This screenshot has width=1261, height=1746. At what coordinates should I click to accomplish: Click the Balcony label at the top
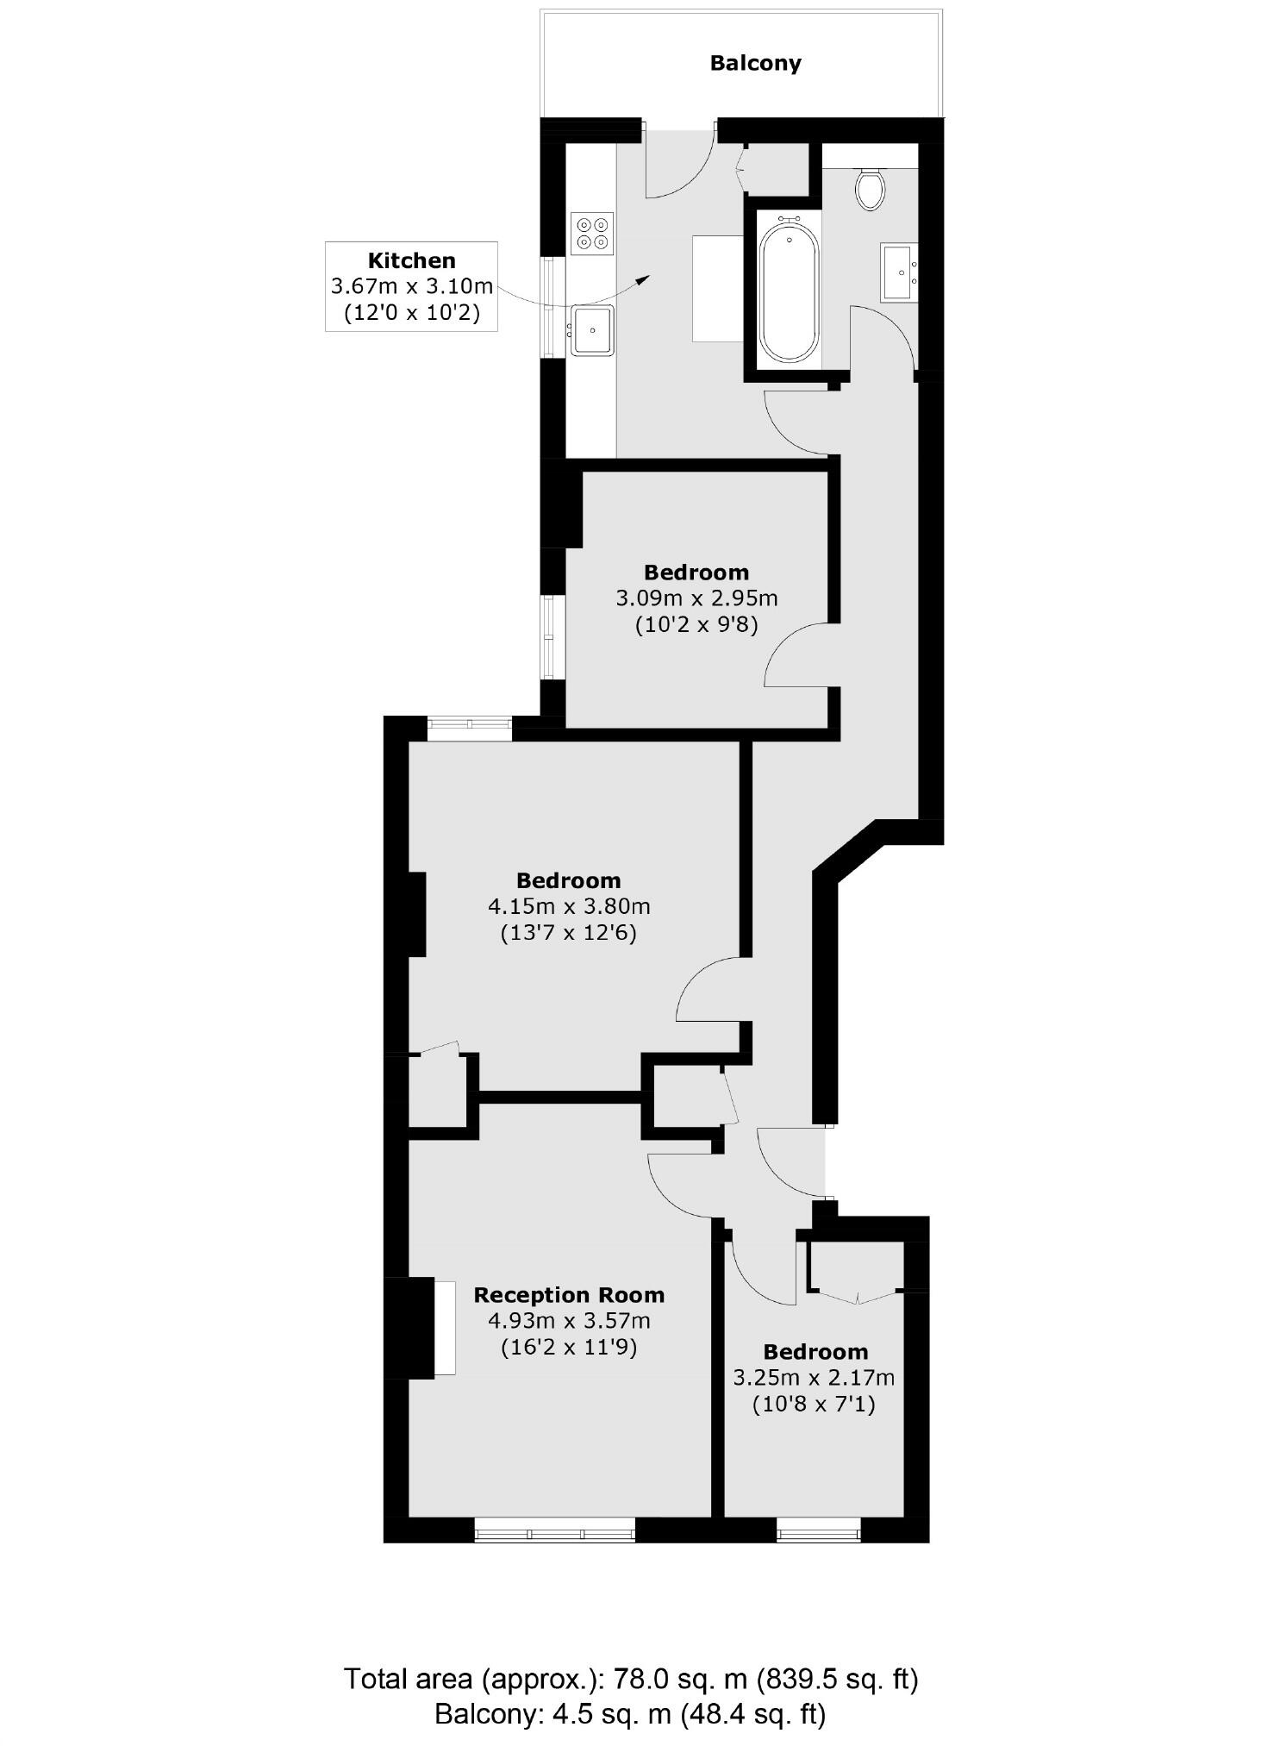pyautogui.click(x=755, y=63)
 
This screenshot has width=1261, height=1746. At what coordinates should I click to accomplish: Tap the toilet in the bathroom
pyautogui.click(x=870, y=189)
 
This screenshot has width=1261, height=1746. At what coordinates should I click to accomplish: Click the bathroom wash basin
pyautogui.click(x=898, y=272)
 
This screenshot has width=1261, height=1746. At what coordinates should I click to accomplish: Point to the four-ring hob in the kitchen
pyautogui.click(x=592, y=233)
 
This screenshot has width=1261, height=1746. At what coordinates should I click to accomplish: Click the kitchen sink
pyautogui.click(x=592, y=329)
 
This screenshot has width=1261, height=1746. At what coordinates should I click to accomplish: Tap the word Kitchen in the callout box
pyautogui.click(x=411, y=260)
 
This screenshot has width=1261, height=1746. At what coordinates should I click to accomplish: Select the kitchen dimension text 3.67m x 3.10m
pyautogui.click(x=411, y=286)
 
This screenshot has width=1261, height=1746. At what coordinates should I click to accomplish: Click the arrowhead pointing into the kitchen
pyautogui.click(x=642, y=278)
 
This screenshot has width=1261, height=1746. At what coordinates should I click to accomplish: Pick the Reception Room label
pyautogui.click(x=569, y=1295)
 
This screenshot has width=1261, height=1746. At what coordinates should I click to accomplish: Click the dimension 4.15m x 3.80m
pyautogui.click(x=569, y=906)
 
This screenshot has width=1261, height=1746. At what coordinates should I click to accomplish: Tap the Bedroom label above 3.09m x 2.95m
pyautogui.click(x=696, y=573)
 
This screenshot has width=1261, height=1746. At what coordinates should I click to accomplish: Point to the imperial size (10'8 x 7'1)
pyautogui.click(x=814, y=1405)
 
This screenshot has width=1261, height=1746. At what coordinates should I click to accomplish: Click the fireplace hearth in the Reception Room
pyautogui.click(x=445, y=1329)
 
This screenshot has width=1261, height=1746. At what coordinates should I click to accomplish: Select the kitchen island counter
pyautogui.click(x=718, y=288)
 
